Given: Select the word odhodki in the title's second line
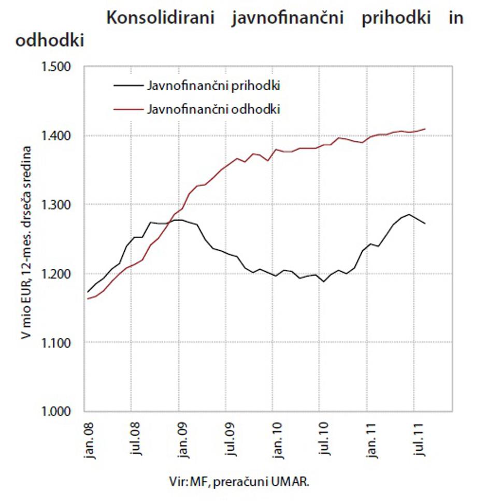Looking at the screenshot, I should click(50, 41).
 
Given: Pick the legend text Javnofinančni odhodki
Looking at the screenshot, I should click(213, 109).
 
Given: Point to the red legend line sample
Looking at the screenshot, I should click(127, 109).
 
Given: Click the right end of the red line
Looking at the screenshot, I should click(425, 129).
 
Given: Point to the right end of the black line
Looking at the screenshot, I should click(425, 223).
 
